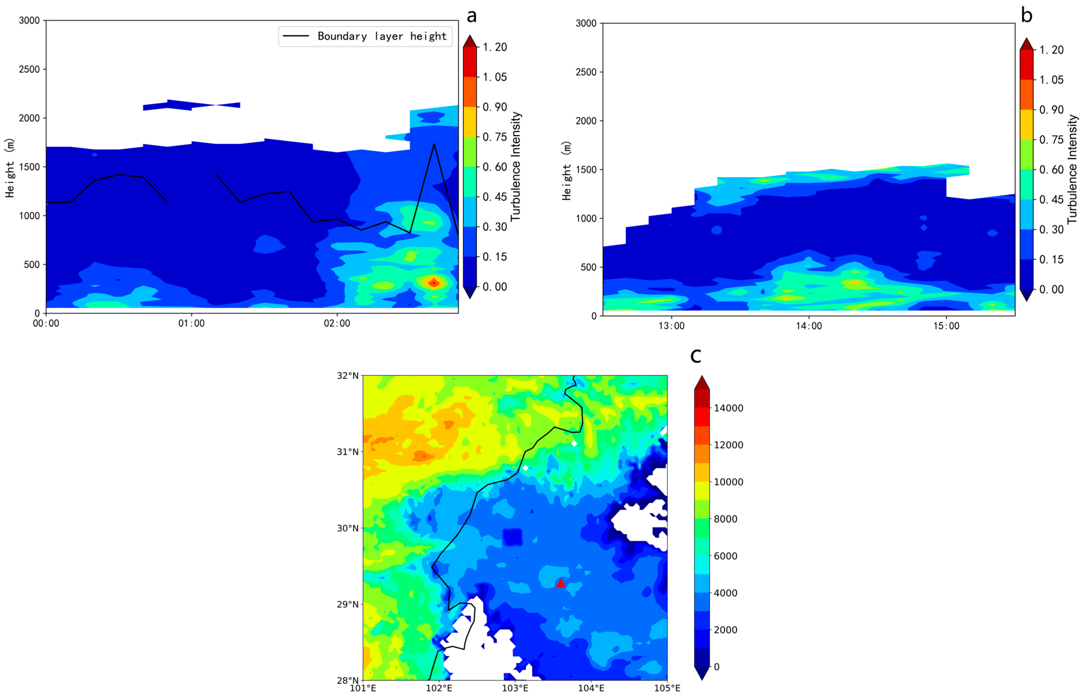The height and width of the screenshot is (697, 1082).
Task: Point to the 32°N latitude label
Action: tap(347, 376)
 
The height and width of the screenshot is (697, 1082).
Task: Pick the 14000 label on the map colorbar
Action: tap(728, 408)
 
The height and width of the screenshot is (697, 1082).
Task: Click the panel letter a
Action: tap(471, 16)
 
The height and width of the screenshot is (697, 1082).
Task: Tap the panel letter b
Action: tap(1026, 16)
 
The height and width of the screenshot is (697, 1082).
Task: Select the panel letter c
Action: tap(695, 356)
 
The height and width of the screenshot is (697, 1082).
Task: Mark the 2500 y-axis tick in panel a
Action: tap(29, 69)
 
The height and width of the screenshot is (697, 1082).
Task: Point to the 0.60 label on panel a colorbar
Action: tap(494, 167)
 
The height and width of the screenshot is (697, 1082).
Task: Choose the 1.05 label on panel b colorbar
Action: tap(1051, 80)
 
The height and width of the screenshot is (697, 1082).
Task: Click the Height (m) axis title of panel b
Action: tap(566, 171)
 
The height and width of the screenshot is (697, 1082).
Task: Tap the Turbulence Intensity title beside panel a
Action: tap(516, 166)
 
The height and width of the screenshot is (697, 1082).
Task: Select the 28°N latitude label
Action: tap(347, 680)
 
